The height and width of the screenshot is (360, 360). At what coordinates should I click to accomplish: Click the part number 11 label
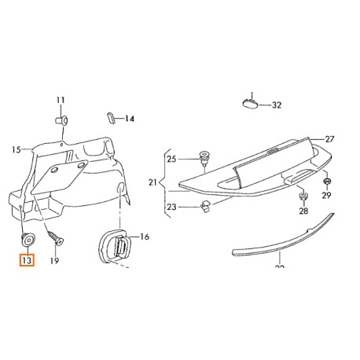[x=61, y=100]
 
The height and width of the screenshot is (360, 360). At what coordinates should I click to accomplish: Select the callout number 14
[x=130, y=119]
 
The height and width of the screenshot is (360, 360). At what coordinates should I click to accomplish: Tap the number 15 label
[x=17, y=149]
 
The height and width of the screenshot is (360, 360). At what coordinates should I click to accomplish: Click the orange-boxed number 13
[x=27, y=260]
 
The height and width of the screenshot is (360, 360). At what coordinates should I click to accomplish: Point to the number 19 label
[x=54, y=260]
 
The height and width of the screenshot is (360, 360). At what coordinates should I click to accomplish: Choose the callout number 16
[x=144, y=236]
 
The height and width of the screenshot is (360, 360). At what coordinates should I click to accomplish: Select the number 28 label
[x=303, y=212]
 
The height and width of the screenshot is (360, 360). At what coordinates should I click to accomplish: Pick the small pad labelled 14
[x=110, y=118]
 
